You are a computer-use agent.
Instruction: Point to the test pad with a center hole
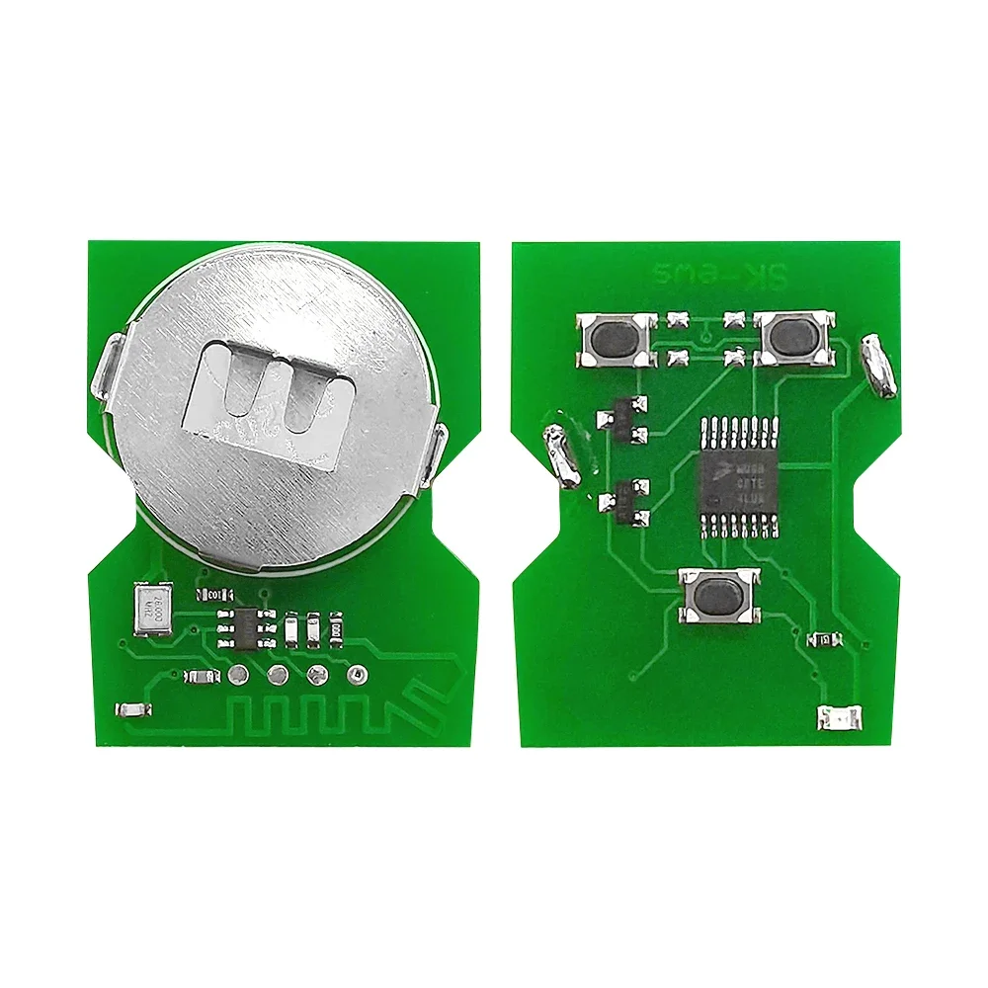coord(356,675)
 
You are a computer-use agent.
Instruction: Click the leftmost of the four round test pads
coord(238,676)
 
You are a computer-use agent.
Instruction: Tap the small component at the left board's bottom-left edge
coord(131,708)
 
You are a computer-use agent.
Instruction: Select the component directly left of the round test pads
coord(199,677)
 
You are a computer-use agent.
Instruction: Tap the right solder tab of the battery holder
coord(438,454)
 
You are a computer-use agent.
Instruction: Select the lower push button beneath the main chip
coord(719,596)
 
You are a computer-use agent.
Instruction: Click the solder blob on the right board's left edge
coord(560,454)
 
